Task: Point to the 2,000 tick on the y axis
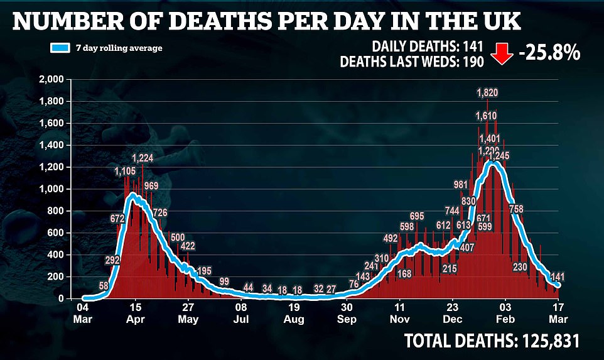pos(51,80)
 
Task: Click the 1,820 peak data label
pos(487,93)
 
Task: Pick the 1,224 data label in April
pos(143,159)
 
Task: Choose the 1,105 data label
pos(125,171)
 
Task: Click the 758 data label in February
pos(516,209)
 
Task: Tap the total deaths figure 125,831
pos(545,341)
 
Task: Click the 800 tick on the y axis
pos(57,211)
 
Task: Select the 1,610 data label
pos(487,116)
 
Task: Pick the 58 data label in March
pos(104,286)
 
